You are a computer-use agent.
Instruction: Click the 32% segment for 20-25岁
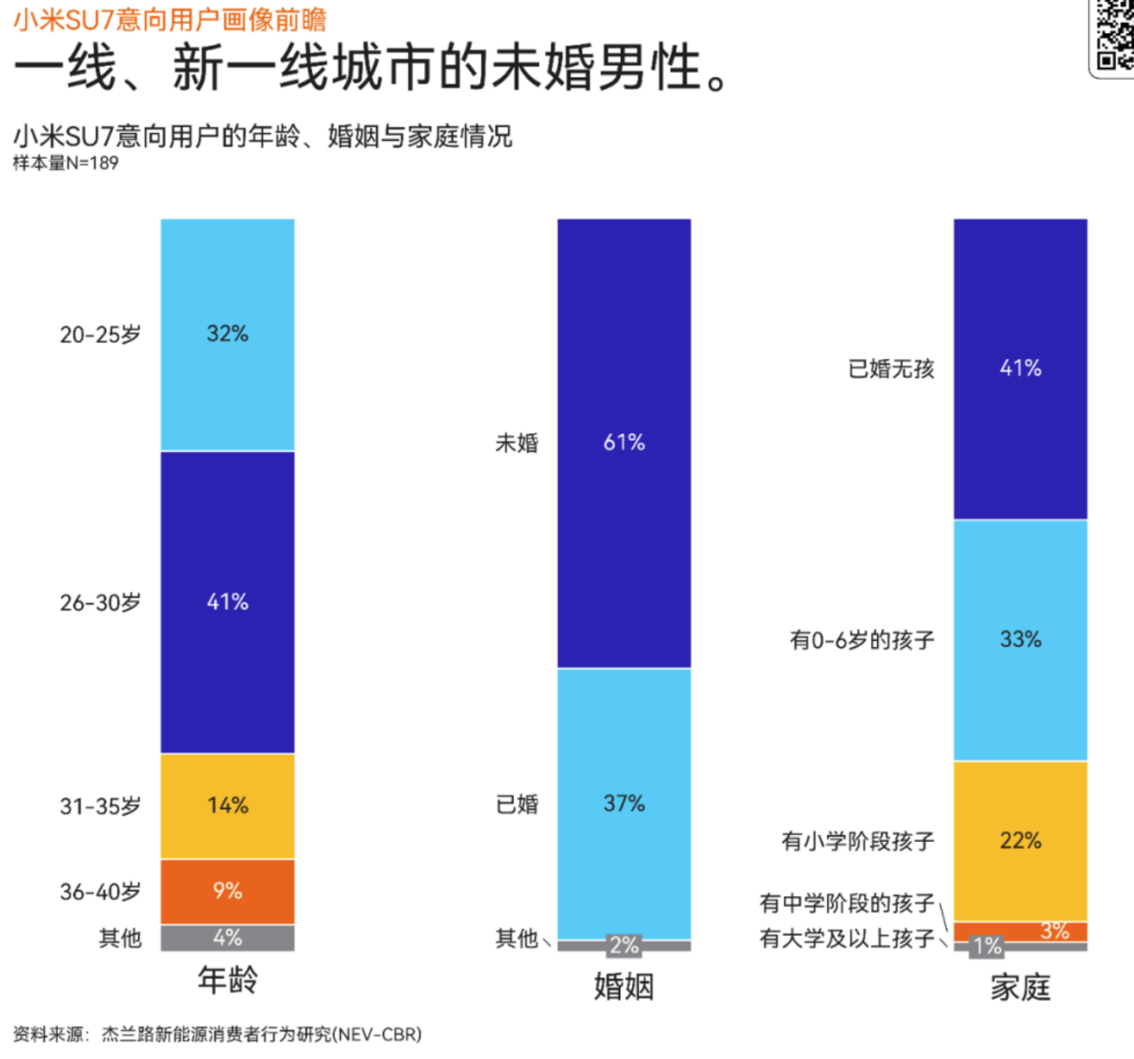point(227,334)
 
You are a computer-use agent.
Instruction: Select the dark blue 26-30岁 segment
point(227,602)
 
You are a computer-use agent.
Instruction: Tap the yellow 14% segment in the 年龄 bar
point(227,806)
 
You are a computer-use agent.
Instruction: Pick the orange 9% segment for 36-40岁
point(227,891)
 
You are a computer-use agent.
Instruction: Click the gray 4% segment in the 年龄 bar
point(227,938)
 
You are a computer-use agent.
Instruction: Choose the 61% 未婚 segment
point(623,443)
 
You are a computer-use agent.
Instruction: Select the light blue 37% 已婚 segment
point(623,804)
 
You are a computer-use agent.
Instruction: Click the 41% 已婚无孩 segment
point(1020,368)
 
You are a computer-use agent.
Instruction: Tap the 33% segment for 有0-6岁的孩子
point(1020,640)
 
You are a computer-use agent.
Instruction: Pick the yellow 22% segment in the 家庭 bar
point(1020,841)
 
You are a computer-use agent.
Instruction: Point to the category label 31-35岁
point(100,806)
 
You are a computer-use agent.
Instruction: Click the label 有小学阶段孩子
point(858,841)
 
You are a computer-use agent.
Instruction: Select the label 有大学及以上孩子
point(847,938)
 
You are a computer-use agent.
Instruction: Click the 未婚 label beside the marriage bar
point(517,443)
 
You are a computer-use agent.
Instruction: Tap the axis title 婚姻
point(623,986)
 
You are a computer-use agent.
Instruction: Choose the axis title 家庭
point(1020,987)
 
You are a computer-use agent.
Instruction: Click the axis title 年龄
point(227,980)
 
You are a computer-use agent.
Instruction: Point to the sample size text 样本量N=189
point(66,163)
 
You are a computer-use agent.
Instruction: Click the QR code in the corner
point(1114,35)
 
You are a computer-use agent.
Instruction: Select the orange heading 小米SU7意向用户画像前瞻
point(170,19)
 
